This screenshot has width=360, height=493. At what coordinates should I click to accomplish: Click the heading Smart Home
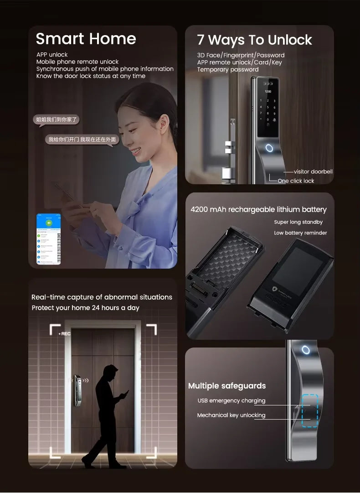point(86,39)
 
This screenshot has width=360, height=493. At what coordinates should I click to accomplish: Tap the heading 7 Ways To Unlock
point(254,40)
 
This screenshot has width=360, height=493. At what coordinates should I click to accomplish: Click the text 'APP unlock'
point(52,55)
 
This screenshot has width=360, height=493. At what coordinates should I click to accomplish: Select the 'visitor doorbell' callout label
point(313,172)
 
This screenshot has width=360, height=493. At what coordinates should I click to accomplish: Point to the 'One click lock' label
point(296,181)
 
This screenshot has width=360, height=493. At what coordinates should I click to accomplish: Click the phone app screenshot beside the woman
point(48,239)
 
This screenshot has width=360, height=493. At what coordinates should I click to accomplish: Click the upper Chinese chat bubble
point(57,120)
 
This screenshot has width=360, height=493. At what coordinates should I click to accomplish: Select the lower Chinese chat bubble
point(82,140)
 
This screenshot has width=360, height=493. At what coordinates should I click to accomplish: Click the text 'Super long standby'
point(298,222)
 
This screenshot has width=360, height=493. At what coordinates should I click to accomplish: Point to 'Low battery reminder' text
point(300,233)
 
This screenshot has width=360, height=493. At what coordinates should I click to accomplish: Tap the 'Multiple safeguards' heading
point(227,386)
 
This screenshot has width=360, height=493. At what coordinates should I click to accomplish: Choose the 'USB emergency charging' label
point(231,401)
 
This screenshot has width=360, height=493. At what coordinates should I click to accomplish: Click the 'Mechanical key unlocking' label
point(231,415)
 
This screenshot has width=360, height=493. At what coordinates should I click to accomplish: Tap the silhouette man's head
point(109,371)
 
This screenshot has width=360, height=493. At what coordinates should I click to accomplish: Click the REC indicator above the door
point(65,334)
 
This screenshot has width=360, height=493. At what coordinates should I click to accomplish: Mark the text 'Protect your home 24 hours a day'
point(86,308)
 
